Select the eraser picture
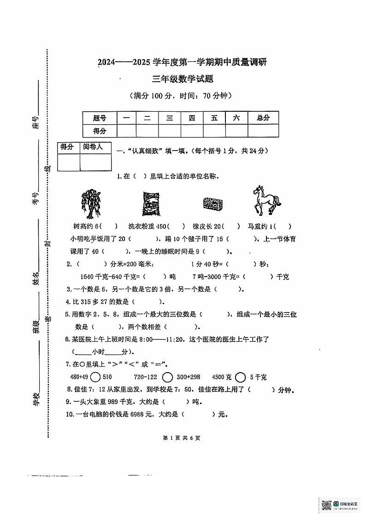213,203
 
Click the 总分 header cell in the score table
263,118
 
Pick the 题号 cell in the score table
100,118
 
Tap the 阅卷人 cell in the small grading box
96,148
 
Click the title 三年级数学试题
183,79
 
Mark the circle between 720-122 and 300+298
168,377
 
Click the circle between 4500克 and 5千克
239,377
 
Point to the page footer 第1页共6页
183,438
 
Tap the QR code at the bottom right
326,505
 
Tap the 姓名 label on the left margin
36,278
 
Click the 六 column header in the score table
236,118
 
